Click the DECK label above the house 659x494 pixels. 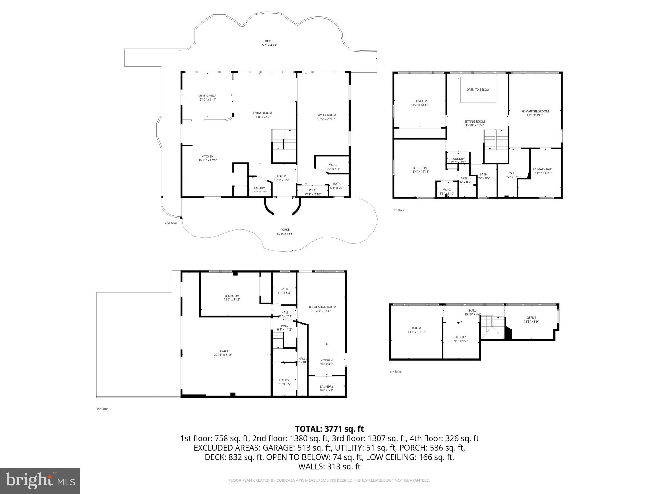(268, 41)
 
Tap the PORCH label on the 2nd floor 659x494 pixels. (285, 230)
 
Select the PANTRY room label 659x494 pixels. (259, 188)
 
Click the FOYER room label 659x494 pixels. (281, 176)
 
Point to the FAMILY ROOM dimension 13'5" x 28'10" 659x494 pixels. (326, 119)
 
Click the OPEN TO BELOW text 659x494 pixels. (478, 90)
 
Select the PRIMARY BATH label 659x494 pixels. (543, 169)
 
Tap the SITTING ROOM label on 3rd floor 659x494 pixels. (474, 122)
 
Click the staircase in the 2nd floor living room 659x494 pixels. (284, 139)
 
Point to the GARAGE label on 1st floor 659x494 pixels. (223, 351)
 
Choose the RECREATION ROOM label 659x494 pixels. (322, 307)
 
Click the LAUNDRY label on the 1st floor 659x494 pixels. (327, 387)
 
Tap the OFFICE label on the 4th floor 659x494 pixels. (531, 318)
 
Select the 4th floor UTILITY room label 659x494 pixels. (461, 337)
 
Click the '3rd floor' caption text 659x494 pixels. (398, 210)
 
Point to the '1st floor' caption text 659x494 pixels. (102, 409)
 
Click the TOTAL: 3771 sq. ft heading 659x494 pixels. (329, 429)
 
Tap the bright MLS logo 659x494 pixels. (40, 481)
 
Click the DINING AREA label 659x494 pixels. (207, 96)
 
